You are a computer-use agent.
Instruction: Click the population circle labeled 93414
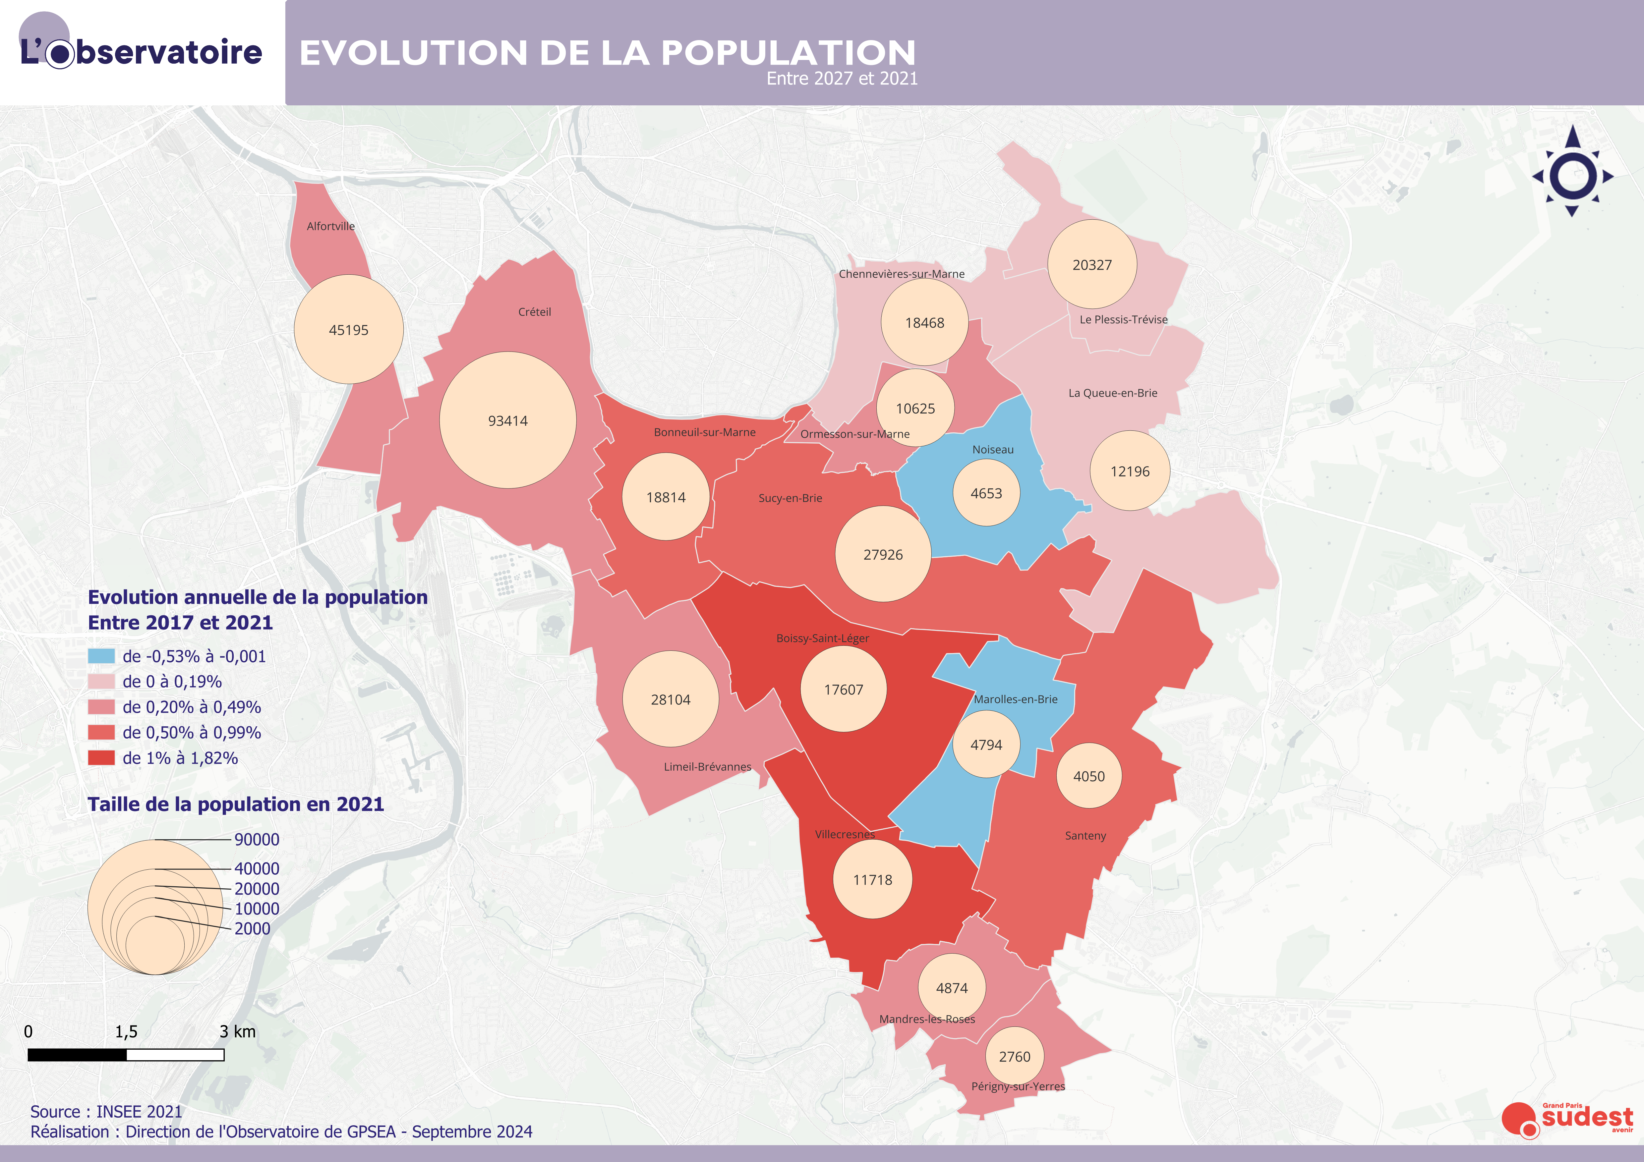pos(508,420)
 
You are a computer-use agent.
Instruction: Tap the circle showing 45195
pos(349,329)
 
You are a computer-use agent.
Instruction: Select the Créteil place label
pos(534,311)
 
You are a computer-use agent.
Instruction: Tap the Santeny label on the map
pos(1085,836)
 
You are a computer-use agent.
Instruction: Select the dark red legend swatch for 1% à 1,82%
pos(101,757)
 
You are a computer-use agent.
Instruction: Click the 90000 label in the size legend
pos(256,839)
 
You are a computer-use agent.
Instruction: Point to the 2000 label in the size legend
pos(252,929)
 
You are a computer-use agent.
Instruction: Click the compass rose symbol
pos(1572,174)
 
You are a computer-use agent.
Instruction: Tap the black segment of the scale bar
pos(77,1055)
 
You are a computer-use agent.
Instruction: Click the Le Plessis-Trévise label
pos(1123,319)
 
